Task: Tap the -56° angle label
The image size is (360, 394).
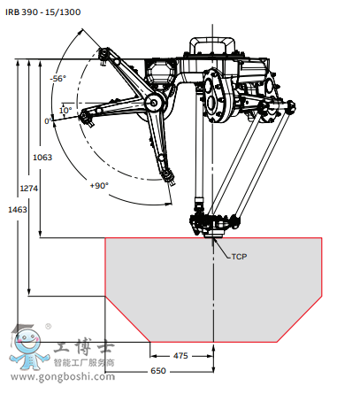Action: pyautogui.click(x=58, y=79)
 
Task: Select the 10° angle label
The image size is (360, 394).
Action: pyautogui.click(x=65, y=111)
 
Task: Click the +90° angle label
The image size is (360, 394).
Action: pyautogui.click(x=98, y=185)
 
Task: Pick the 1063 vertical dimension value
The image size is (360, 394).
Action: pyautogui.click(x=42, y=158)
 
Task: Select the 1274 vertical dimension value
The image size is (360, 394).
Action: pyautogui.click(x=29, y=188)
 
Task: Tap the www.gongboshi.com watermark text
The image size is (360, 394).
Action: pyautogui.click(x=63, y=377)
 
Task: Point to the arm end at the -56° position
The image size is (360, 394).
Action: pyautogui.click(x=105, y=58)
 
